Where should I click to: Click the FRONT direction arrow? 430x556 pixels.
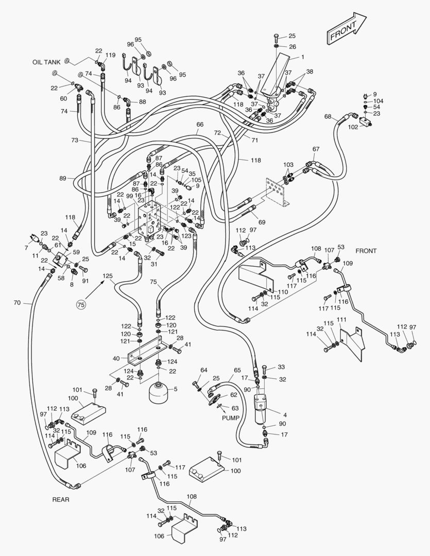[x=346, y=30]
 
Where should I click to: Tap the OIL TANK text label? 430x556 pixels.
[x=46, y=62]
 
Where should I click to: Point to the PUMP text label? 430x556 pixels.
[x=231, y=418]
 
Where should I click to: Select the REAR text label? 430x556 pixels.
[x=60, y=499]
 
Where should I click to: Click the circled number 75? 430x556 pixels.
[x=80, y=305]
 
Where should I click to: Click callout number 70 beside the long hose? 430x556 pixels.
[x=17, y=303]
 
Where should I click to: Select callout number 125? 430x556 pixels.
[x=107, y=276]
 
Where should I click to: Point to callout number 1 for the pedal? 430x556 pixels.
[x=303, y=57]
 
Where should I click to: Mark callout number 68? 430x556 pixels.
[x=328, y=116]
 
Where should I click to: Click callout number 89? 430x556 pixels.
[x=62, y=178]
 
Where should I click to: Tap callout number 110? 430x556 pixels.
[x=283, y=292]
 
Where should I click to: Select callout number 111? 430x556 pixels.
[x=341, y=320]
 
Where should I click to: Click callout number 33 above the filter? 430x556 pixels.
[x=281, y=367]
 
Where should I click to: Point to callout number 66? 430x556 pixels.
[x=200, y=125]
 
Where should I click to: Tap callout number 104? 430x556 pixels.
[x=379, y=101]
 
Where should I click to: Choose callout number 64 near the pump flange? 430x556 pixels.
[x=204, y=370]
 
